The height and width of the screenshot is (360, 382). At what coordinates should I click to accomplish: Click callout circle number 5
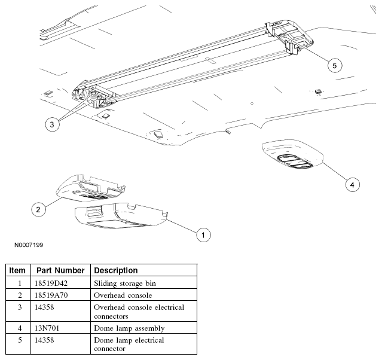click(335, 65)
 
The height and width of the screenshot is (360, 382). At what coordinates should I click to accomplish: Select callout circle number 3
click(52, 124)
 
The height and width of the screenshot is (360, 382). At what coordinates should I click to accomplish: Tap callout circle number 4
click(353, 185)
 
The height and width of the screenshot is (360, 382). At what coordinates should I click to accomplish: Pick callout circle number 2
click(38, 209)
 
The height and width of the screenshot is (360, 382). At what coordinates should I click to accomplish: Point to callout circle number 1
click(203, 235)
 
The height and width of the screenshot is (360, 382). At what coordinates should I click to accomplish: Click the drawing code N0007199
click(29, 245)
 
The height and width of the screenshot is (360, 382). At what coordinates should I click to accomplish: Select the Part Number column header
click(60, 270)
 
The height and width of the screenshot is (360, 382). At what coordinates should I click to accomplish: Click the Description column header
click(116, 270)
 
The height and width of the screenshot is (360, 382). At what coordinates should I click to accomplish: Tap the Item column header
click(17, 270)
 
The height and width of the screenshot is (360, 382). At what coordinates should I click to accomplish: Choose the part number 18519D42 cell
click(51, 283)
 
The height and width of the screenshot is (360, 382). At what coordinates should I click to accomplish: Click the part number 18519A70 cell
click(51, 295)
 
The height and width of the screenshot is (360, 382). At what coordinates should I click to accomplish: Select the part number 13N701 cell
click(47, 328)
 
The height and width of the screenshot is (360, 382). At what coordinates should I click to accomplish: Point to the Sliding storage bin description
click(125, 283)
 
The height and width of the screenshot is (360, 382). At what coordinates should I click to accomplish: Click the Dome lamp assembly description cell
click(129, 328)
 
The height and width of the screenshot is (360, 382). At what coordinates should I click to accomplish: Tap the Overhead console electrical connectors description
click(139, 312)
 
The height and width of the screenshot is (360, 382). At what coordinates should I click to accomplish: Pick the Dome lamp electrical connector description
click(129, 344)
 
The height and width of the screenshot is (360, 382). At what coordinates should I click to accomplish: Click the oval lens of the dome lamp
click(295, 161)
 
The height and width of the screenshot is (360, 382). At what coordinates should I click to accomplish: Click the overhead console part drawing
click(91, 188)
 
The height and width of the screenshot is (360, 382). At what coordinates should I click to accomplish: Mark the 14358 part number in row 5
click(44, 340)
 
